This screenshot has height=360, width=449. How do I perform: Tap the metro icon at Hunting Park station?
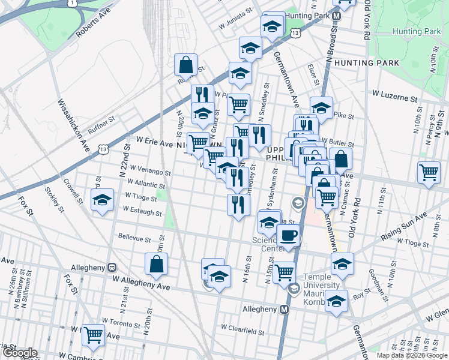pos(337,16)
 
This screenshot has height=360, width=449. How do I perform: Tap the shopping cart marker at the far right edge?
pos(429,172)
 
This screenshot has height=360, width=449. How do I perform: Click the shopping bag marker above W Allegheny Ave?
pos(156,263)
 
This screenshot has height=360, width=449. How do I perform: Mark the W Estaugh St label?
pos(142,211)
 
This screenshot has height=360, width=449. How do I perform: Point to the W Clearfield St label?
pos(243,329)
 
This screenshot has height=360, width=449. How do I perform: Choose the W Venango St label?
pos(150,172)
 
